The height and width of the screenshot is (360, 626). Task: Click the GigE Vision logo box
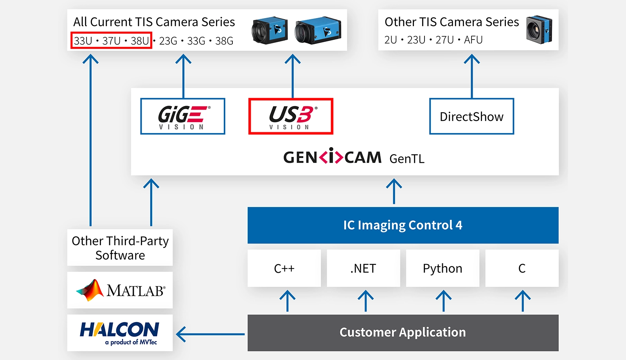pos(183,116)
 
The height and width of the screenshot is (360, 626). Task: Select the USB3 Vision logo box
pos(291,116)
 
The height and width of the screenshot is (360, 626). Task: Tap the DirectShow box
pos(471,117)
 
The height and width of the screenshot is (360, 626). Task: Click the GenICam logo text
pos(332,157)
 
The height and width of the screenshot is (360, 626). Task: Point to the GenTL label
pos(407,159)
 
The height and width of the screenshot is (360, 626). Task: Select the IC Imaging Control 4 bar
pos(403,225)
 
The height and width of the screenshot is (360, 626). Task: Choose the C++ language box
pos(284,268)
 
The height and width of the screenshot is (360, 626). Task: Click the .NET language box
pos(363,268)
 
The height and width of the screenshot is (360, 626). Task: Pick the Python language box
pos(443,268)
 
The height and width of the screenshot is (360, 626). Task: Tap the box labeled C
pos(522,268)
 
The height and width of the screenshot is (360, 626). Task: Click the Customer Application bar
pos(403,333)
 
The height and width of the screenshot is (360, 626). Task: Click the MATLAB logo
pos(120,290)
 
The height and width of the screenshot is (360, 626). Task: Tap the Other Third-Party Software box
pos(120,248)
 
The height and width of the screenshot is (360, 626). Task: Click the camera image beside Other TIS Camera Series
pos(539,30)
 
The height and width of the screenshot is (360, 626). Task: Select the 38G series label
pos(224,41)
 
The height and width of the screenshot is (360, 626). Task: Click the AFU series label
pos(473,40)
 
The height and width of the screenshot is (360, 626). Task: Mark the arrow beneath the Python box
pos(443,301)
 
